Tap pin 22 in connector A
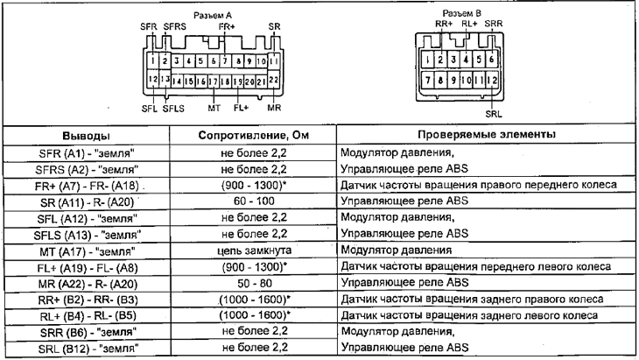pos(274,81)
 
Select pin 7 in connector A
pos(226,61)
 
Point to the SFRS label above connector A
pos(175,28)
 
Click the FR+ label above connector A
pos(227,28)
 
